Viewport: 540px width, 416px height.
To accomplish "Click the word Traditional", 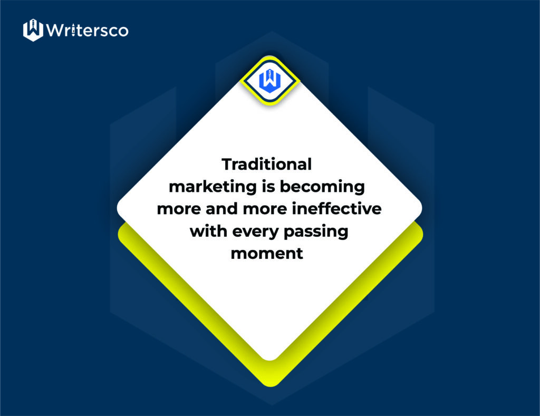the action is click(x=266, y=165).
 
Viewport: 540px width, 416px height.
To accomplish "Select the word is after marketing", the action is click(x=268, y=186).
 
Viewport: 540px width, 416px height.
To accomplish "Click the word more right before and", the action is click(x=179, y=209).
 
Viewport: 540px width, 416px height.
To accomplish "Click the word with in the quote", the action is click(x=209, y=231).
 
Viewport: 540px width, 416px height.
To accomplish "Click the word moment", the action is click(x=267, y=254).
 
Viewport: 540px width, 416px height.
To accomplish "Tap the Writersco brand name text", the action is click(x=87, y=30).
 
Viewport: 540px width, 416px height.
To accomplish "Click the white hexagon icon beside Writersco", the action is click(x=33, y=30).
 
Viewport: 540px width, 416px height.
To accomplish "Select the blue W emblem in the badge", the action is click(x=270, y=81).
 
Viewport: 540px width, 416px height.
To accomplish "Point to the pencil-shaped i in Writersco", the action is click(x=73, y=30).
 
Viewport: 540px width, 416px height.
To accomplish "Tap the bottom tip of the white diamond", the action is click(x=269, y=361).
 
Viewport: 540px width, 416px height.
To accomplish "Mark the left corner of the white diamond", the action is click(x=117, y=208).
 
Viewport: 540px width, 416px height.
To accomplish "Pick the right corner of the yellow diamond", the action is click(x=423, y=234).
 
